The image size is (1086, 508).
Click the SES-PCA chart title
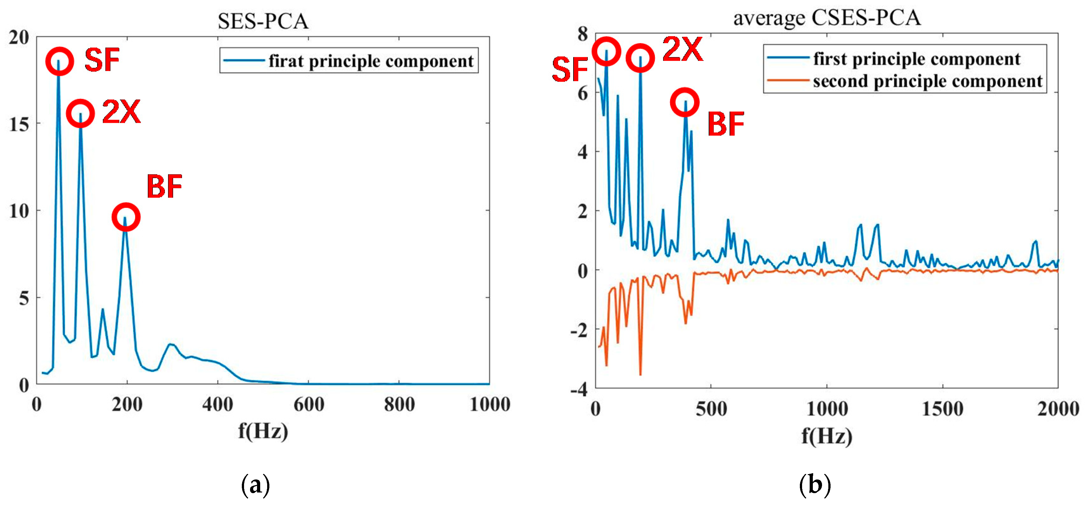pyautogui.click(x=263, y=21)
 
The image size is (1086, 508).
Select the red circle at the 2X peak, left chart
pyautogui.click(x=80, y=113)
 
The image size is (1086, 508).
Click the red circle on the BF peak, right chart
pyautogui.click(x=685, y=102)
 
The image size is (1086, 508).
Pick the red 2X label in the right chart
pyautogui.click(x=682, y=49)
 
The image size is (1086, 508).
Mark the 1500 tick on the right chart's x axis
pyautogui.click(x=942, y=409)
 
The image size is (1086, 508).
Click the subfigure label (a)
pyautogui.click(x=255, y=486)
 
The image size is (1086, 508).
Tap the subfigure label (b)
pyautogui.click(x=814, y=486)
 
